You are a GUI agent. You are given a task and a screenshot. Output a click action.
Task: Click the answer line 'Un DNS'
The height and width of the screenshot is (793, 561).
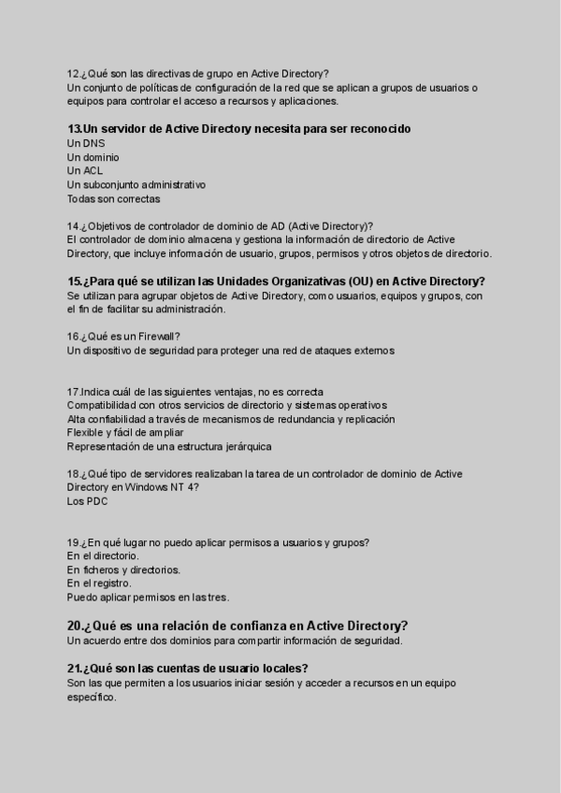tap(86, 144)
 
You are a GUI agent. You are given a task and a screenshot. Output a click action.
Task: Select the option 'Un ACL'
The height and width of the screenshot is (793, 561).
tap(85, 171)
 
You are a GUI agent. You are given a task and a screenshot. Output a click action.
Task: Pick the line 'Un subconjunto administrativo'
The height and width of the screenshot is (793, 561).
tap(137, 185)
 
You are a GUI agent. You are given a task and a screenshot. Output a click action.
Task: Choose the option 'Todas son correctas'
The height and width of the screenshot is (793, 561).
tap(113, 199)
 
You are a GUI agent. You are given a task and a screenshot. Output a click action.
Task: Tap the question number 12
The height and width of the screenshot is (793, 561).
tap(73, 74)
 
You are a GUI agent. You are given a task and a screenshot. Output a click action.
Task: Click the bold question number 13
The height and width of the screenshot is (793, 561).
tap(74, 129)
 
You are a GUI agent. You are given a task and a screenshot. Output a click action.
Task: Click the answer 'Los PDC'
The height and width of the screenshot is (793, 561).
tap(88, 501)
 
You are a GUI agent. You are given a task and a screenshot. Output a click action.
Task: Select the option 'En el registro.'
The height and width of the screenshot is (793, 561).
tap(99, 584)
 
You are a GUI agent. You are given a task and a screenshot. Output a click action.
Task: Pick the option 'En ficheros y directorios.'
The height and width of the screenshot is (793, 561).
tap(124, 570)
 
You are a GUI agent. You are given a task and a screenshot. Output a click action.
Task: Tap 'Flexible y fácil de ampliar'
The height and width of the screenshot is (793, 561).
tap(125, 433)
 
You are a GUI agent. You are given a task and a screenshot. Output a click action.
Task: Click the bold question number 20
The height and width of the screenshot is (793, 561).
tap(75, 626)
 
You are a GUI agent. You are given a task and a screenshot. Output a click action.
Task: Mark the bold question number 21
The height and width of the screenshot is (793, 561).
tap(75, 668)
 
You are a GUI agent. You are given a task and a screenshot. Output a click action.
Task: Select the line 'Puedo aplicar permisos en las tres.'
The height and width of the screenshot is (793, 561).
tap(148, 598)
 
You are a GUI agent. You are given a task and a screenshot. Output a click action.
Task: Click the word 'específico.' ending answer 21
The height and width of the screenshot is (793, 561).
tap(92, 697)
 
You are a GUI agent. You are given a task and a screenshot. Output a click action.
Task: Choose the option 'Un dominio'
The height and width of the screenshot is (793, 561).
tap(93, 158)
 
